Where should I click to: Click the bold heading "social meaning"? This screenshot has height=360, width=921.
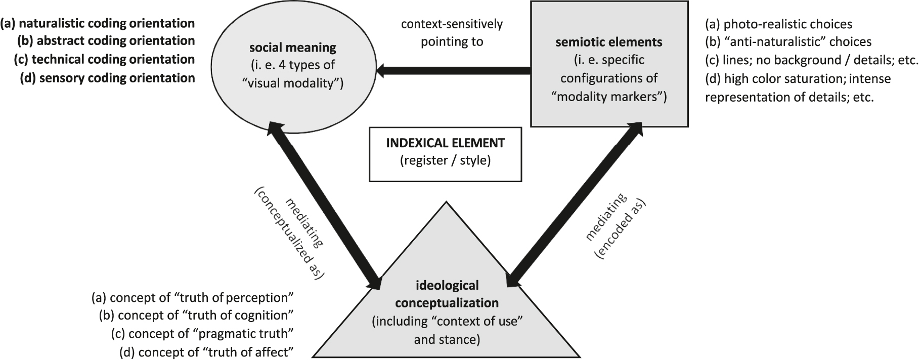click(x=292, y=48)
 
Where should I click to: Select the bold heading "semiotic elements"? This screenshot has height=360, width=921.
click(x=608, y=42)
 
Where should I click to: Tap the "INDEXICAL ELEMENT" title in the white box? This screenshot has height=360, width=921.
click(x=445, y=143)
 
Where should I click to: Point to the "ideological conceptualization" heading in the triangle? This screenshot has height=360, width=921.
click(x=446, y=294)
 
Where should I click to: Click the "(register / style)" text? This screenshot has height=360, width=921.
click(x=445, y=161)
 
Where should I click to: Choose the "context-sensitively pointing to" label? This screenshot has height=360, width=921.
click(x=452, y=32)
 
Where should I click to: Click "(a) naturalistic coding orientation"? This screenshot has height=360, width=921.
click(x=98, y=23)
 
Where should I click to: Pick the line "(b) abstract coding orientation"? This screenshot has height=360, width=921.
click(x=106, y=40)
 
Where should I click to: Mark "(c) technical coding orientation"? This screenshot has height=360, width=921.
click(x=104, y=59)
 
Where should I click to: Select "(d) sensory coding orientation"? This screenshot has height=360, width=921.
click(x=107, y=78)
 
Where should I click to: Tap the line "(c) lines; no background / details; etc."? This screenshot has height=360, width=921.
click(x=811, y=60)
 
